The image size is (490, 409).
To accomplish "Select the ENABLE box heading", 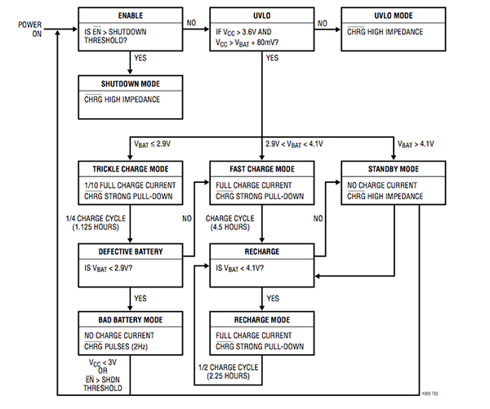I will (x=130, y=16).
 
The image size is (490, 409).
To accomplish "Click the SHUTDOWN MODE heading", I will (x=130, y=83).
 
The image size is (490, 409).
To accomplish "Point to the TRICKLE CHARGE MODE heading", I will (x=130, y=168).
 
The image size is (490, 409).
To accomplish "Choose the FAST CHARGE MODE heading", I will (x=261, y=168).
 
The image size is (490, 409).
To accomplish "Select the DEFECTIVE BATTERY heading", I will (x=130, y=252).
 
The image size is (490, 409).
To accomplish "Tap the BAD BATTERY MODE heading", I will (x=130, y=318).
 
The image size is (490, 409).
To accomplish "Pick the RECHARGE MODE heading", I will (x=261, y=318).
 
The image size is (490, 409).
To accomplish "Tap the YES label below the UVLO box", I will (x=272, y=58).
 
